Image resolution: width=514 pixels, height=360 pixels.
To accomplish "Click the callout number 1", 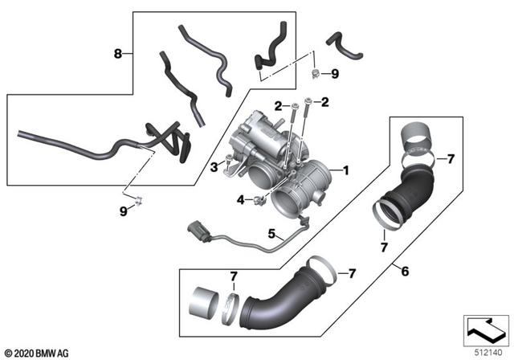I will tap(345, 170).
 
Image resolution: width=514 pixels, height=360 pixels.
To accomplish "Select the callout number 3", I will tap(213, 166).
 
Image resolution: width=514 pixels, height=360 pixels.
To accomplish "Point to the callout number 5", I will tap(271, 234).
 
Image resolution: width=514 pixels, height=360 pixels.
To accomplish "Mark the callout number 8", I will tap(118, 55).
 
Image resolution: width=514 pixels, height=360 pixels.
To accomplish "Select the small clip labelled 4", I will tap(259, 198).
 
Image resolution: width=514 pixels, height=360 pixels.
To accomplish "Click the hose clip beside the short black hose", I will tap(316, 74).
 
